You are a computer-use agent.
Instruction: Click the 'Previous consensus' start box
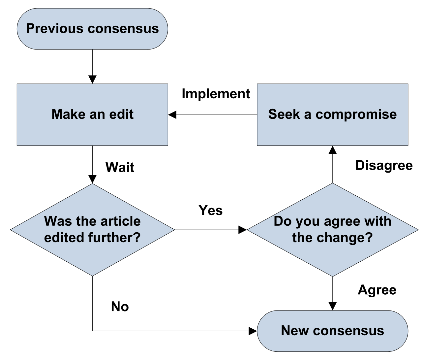point(92,29)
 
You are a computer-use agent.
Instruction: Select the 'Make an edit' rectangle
point(92,115)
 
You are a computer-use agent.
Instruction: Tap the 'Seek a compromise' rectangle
point(332,115)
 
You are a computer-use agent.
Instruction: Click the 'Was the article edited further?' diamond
point(92,230)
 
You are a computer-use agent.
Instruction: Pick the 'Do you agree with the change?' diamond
point(332,230)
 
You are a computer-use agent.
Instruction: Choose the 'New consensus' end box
point(332,331)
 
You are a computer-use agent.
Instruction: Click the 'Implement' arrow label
point(216,94)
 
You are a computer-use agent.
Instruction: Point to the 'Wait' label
point(120,167)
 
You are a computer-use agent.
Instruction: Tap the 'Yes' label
point(210,210)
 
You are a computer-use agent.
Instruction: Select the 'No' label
point(120,307)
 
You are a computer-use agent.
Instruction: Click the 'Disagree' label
point(384,166)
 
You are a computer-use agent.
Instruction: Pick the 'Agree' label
point(377,290)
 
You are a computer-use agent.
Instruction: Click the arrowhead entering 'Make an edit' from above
point(92,80)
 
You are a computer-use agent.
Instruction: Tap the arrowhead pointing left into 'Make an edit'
point(172,115)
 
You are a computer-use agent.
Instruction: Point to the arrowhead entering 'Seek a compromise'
point(332,150)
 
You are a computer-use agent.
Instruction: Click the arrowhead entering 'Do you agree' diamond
point(243,230)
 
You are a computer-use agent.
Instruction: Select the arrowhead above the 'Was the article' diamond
point(92,180)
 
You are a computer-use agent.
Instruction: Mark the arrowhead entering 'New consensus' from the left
point(253,331)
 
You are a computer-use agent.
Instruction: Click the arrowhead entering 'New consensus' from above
point(332,306)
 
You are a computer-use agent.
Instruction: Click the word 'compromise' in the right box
point(356,115)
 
